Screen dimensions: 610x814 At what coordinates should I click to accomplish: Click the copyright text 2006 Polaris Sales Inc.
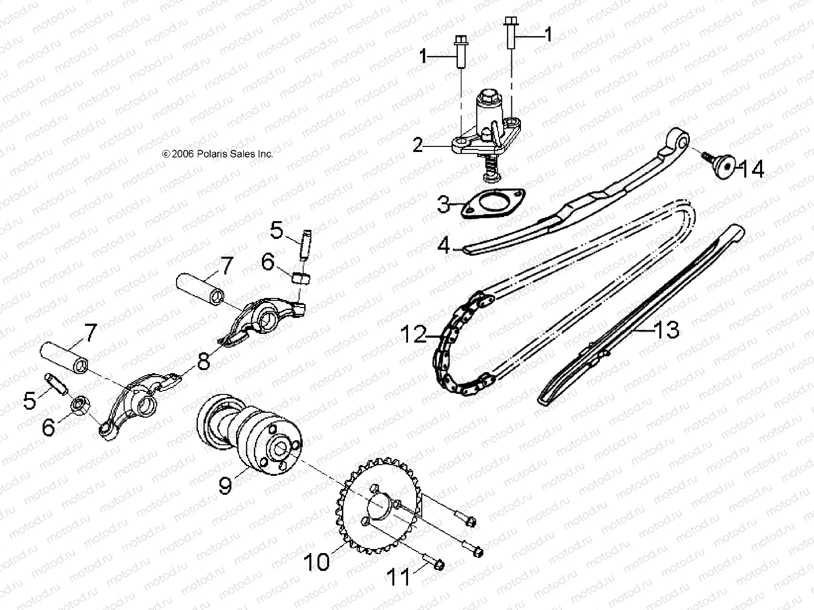coord(218,154)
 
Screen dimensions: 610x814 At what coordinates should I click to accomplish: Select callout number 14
coord(751,169)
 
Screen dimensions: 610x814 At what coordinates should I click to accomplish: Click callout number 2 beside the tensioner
coord(417,145)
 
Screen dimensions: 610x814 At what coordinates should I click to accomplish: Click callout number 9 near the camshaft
coord(225,484)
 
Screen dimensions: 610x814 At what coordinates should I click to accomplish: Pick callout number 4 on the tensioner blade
coord(444,246)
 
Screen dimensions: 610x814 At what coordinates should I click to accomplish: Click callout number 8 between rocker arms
coord(203,362)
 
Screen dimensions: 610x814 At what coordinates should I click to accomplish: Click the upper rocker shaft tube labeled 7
coord(200,288)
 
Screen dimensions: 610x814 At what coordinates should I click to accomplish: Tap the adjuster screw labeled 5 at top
coord(305,245)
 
